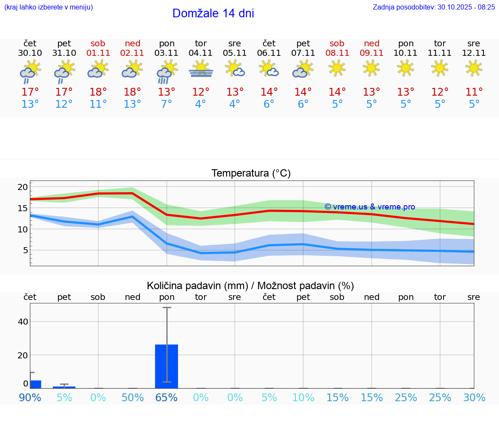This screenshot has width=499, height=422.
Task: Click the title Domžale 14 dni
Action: click(213, 13)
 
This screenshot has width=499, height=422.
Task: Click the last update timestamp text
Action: click(434, 7)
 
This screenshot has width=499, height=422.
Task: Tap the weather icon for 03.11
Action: click(167, 72)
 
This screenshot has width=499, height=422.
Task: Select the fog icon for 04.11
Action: click(201, 69)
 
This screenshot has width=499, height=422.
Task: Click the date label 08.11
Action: click(337, 53)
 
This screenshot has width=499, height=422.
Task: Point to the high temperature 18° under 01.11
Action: click(98, 92)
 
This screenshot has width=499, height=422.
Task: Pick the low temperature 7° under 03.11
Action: click(167, 104)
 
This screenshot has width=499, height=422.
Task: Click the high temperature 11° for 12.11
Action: click(474, 92)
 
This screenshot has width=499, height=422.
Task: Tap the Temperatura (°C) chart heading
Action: click(251, 174)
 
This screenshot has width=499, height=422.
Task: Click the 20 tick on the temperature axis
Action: click(23, 187)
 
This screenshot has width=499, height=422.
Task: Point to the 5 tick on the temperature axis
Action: click(25, 250)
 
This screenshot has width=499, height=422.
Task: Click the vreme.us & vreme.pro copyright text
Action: click(370, 207)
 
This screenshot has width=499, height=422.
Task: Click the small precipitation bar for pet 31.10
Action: click(64, 387)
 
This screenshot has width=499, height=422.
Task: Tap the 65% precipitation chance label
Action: click(167, 397)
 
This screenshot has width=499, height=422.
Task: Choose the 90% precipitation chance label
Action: click(30, 397)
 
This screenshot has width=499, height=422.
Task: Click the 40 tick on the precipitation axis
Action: click(23, 322)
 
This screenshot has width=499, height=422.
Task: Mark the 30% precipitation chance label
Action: click(474, 397)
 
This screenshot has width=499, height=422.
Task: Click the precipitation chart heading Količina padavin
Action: click(250, 286)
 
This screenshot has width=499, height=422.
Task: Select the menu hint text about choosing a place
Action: click(49, 7)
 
